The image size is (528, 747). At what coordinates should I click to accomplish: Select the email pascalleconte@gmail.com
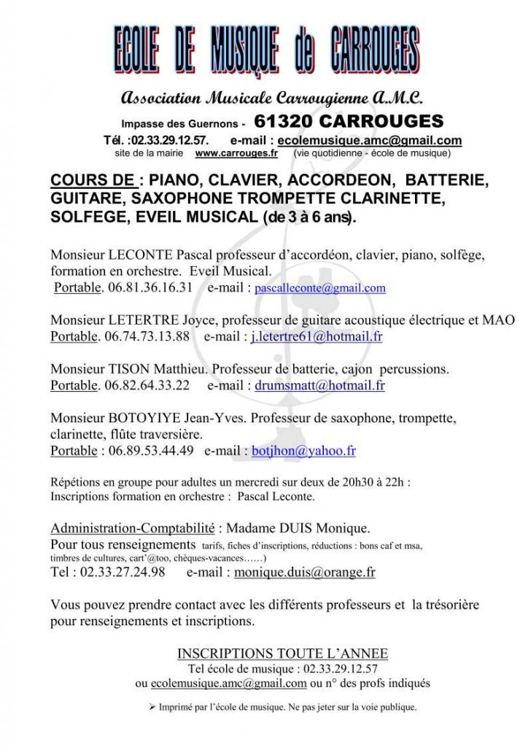320,288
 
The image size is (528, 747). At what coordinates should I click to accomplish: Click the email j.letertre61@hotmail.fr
317,337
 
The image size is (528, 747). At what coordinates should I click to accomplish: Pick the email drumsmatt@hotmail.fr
319,386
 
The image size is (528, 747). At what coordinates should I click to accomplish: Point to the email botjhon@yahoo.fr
303,451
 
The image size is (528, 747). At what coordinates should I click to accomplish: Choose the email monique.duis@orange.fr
305,573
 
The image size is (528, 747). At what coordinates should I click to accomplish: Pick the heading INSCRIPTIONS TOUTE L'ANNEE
283,654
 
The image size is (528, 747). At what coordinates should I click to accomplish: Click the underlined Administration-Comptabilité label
133,528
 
